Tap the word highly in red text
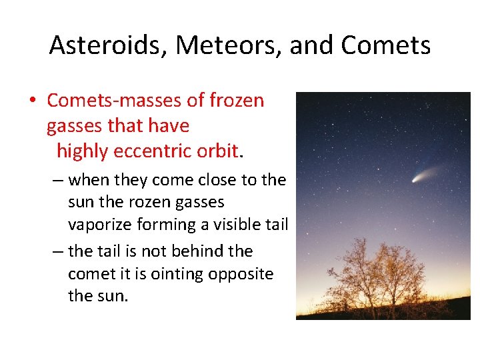pos(83,151)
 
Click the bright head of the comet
pos(416,179)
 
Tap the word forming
pos(171,225)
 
